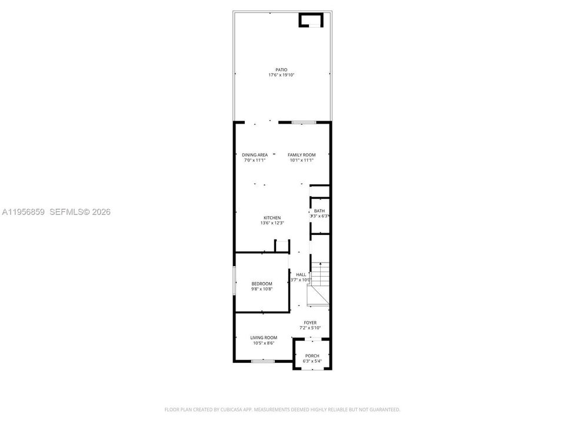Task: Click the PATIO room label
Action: [281, 69]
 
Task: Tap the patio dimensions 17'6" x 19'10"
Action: [281, 75]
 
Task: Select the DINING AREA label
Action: [254, 155]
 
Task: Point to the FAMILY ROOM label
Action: [301, 155]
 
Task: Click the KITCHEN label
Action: [272, 218]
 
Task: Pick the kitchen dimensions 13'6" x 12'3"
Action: [272, 223]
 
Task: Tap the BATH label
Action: [319, 211]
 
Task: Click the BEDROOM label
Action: [262, 284]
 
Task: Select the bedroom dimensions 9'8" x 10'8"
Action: [262, 289]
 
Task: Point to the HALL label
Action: [301, 274]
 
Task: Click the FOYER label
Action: [310, 323]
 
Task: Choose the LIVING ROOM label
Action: [264, 337]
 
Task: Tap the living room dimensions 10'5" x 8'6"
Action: [264, 343]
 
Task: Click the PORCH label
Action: [312, 356]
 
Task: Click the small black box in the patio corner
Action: [311, 21]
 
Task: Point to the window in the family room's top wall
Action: [304, 122]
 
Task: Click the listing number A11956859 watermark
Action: [23, 212]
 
